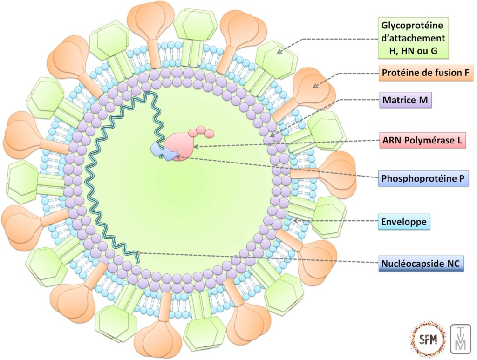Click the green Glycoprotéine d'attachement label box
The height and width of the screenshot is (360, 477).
pyautogui.click(x=413, y=37)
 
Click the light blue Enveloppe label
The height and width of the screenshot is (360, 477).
pyautogui.click(x=404, y=222)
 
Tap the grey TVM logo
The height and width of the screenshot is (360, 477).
pyautogui.click(x=461, y=339)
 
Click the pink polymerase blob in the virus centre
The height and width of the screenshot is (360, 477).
pyautogui.click(x=180, y=145)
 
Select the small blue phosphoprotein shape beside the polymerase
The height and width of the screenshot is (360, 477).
pyautogui.click(x=161, y=151)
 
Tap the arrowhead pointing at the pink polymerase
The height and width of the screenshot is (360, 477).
pyautogui.click(x=196, y=147)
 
